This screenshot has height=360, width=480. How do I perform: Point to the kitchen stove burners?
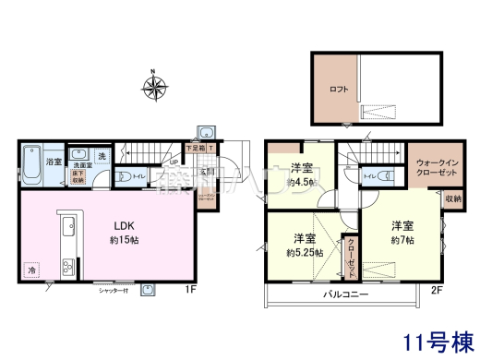coord(67,268)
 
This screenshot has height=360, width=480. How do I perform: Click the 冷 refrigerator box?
coord(31,270)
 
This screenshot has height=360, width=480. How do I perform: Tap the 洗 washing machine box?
coord(102,156)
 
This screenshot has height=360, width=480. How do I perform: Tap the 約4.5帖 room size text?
coord(299,183)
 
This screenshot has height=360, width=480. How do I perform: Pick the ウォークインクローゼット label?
coord(433,167)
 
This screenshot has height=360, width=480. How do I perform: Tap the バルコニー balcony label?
coord(346,294)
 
